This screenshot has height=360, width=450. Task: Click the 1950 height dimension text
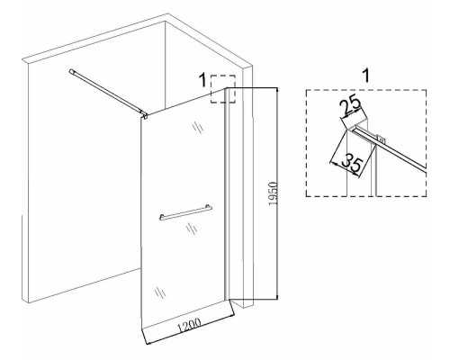coord(273,193)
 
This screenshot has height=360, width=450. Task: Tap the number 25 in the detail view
coord(350,105)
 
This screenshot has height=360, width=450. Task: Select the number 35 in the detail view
coord(353,163)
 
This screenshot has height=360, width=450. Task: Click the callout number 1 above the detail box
coord(366,75)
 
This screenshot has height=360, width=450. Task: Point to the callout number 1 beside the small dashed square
coord(203,80)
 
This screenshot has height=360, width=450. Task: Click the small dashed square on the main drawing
coord(223,89)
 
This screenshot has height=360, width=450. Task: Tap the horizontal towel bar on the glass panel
coord(185,212)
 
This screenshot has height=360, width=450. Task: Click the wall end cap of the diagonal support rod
coord(71,71)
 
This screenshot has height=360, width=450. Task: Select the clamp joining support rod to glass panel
coord(145,114)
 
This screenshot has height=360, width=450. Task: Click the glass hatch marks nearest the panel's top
coord(198,127)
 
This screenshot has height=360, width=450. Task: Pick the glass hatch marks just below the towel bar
coord(191,229)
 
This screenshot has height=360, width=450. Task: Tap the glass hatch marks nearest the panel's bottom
coord(160,292)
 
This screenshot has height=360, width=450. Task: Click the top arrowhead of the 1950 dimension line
coord(277,90)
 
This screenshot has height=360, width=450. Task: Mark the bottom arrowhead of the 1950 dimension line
coord(277,296)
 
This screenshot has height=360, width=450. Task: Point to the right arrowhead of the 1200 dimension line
coord(230,313)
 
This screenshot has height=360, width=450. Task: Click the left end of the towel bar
coord(161,217)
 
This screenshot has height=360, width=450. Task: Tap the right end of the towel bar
coord(210,207)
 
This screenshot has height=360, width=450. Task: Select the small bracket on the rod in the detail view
coord(380,139)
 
